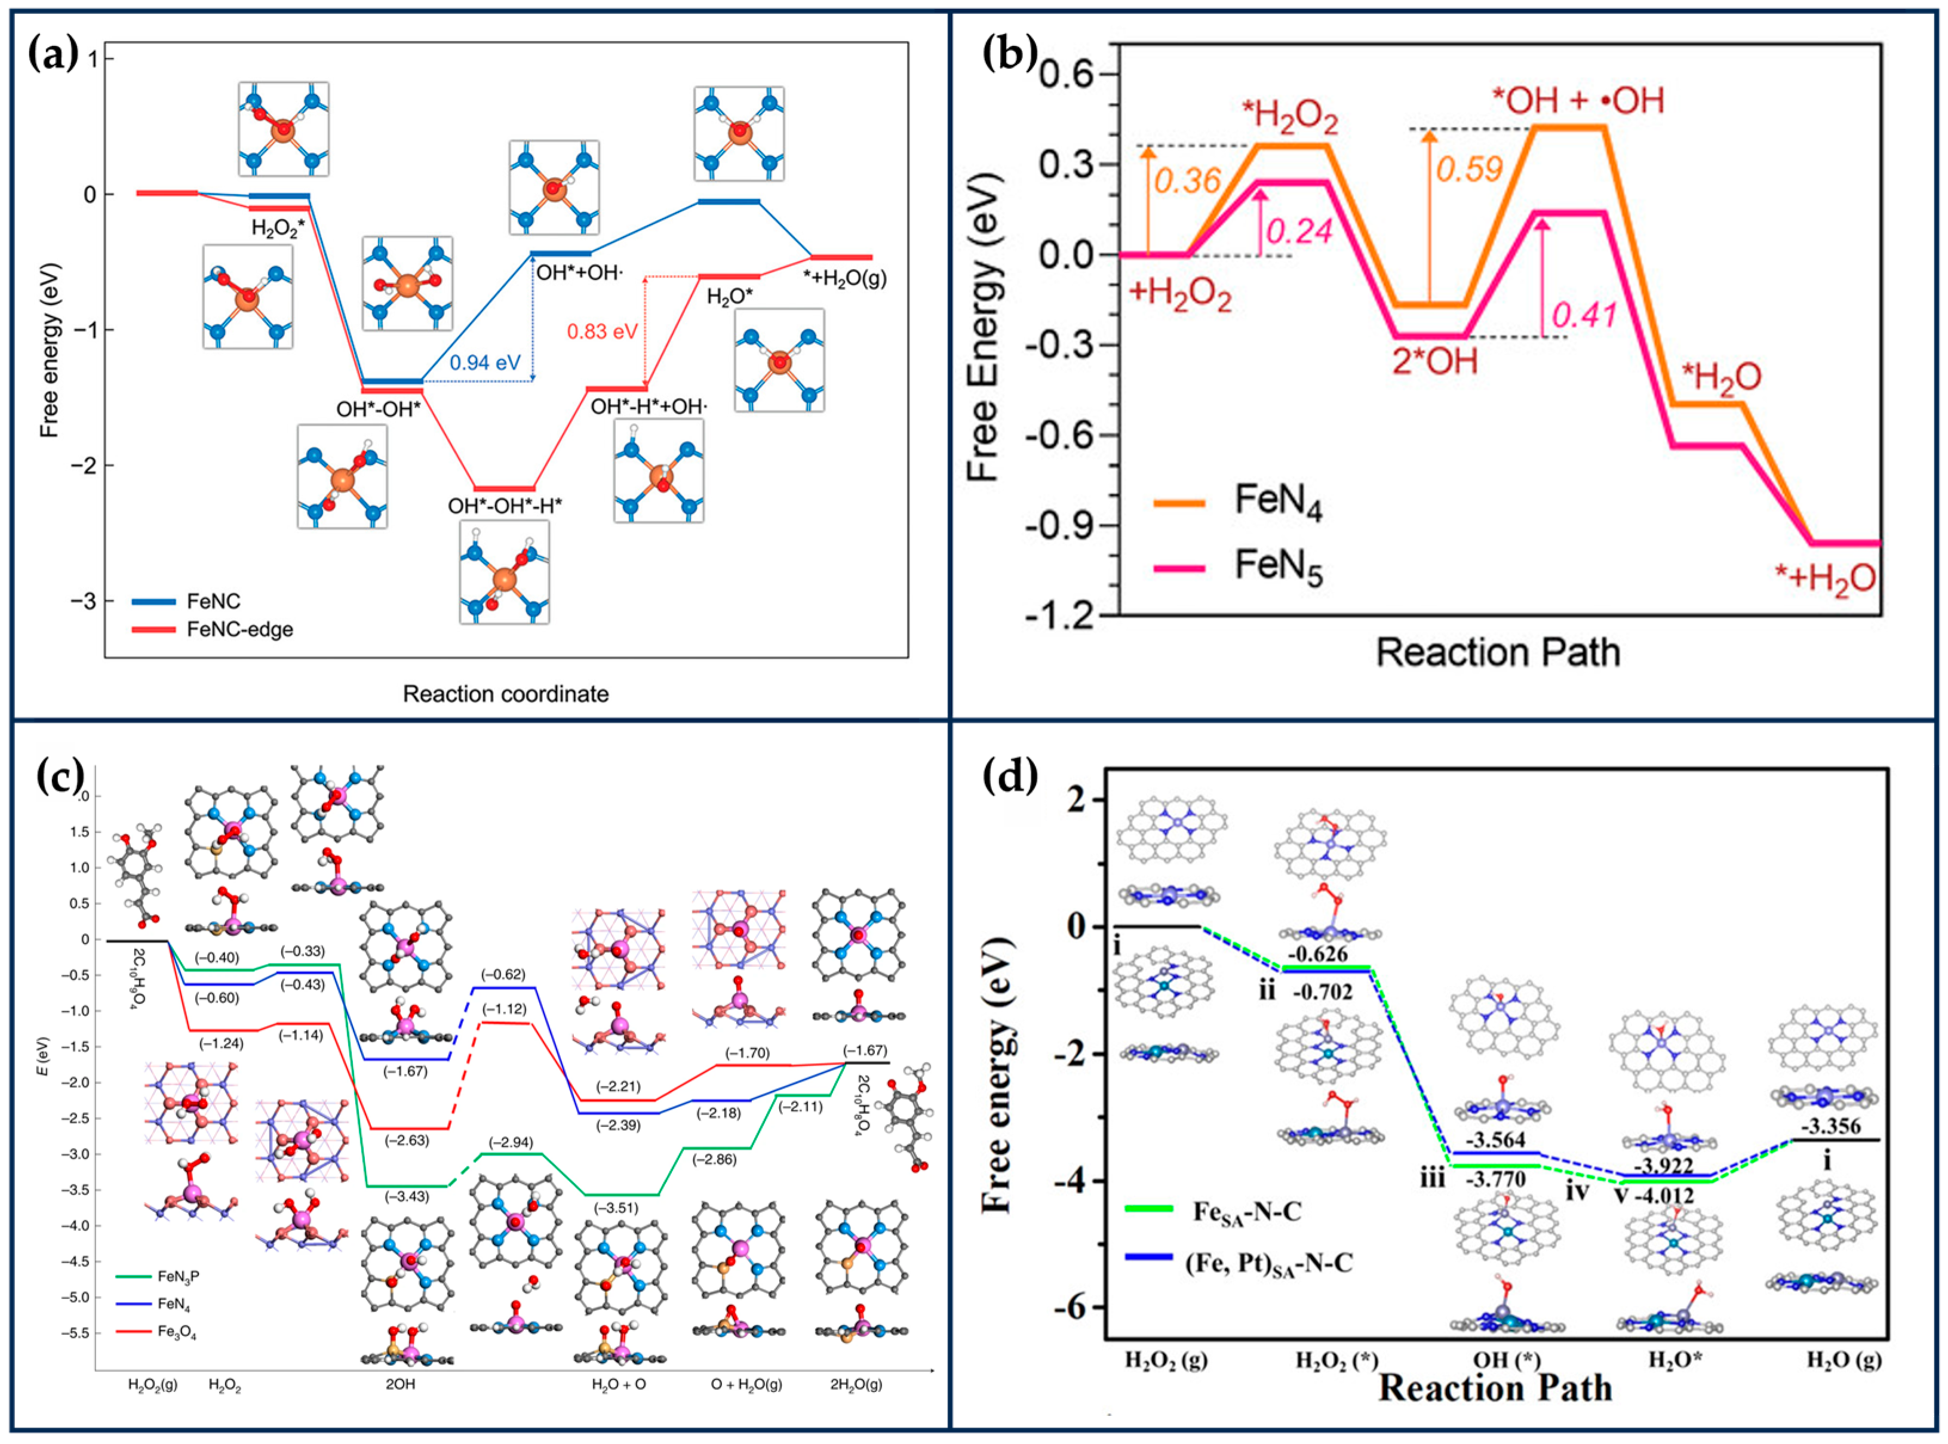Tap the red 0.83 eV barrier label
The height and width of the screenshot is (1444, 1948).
coord(603,331)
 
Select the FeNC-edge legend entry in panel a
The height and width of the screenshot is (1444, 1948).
coord(239,629)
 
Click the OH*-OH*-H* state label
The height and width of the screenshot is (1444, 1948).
coord(505,506)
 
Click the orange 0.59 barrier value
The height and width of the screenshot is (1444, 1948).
coord(1469,169)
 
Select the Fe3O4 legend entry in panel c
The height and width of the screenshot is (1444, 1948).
coord(176,1333)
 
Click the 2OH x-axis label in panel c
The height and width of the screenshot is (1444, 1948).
coord(401,1384)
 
